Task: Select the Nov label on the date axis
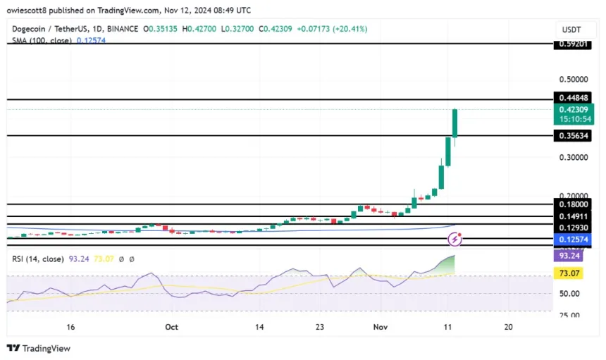click(x=381, y=328)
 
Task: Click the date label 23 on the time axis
click(x=319, y=328)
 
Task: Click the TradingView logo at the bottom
click(x=39, y=348)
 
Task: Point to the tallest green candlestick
click(x=455, y=123)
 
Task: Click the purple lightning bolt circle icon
click(x=455, y=240)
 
